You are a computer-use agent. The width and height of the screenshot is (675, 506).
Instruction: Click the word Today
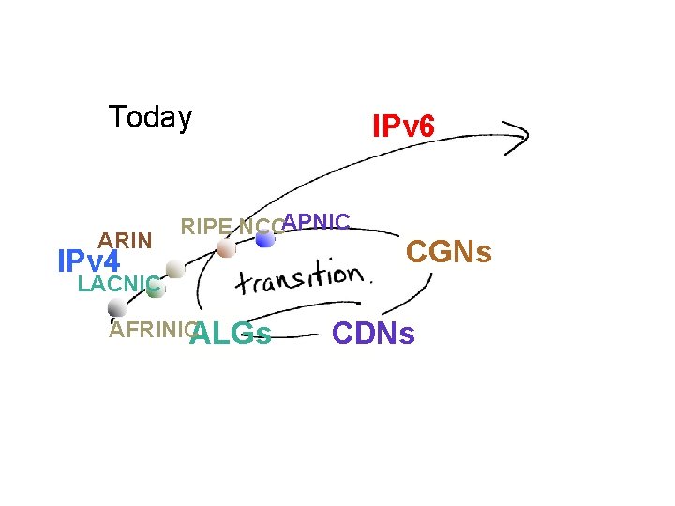150,118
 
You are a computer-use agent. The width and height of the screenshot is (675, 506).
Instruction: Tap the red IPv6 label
403,126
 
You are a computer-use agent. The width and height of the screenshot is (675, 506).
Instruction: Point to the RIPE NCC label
229,227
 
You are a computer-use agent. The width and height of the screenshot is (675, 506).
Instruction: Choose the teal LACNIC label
118,284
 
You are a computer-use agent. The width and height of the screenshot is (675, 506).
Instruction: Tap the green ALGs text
231,334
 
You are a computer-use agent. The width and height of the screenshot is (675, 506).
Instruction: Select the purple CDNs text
373,334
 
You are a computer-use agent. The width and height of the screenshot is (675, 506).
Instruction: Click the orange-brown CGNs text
448,251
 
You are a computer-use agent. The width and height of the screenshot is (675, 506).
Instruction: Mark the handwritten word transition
298,278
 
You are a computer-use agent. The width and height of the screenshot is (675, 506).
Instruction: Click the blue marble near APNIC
265,240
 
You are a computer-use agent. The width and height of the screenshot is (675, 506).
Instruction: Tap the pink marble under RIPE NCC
225,249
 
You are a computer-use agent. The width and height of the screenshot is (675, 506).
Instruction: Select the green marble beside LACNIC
155,290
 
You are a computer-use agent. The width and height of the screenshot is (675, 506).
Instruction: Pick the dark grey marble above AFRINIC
117,307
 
